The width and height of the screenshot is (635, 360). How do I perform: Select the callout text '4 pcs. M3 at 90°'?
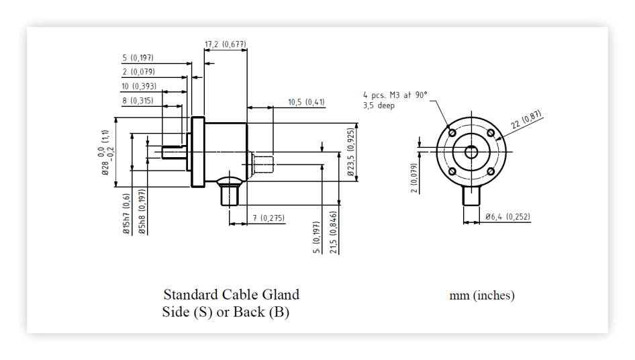[x=395, y=95]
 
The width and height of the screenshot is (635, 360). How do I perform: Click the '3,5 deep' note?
[x=379, y=105]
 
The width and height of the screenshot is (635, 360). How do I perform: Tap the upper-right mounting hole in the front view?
[x=491, y=133]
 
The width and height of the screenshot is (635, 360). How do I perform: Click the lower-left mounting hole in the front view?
[x=452, y=171]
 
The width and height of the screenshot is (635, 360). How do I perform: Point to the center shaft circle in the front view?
[x=471, y=152]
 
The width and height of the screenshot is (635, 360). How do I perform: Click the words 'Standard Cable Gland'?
[x=231, y=294]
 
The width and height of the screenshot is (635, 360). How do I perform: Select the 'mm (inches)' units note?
[x=482, y=296]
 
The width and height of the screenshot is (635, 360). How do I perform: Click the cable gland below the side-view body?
[x=230, y=192]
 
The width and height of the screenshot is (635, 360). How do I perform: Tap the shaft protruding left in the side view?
[x=174, y=152]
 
